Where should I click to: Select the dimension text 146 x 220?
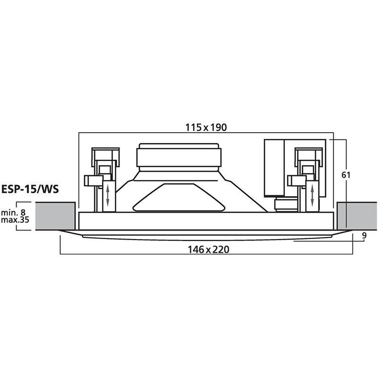(x=206, y=250)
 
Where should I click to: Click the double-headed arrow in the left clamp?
(x=108, y=195)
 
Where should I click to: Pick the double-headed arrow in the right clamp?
(x=313, y=195)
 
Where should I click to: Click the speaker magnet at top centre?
(x=178, y=155)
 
